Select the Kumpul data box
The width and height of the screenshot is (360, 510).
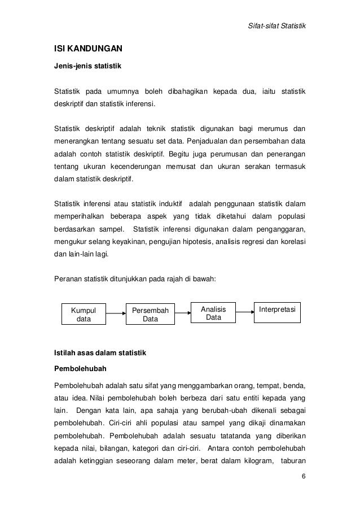pos(83,314)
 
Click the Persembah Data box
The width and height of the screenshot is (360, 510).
pos(150,314)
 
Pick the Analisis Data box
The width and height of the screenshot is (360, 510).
pos(213,313)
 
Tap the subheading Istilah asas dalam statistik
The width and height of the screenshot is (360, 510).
pos(100,354)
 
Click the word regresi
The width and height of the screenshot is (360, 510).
pos(251,242)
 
